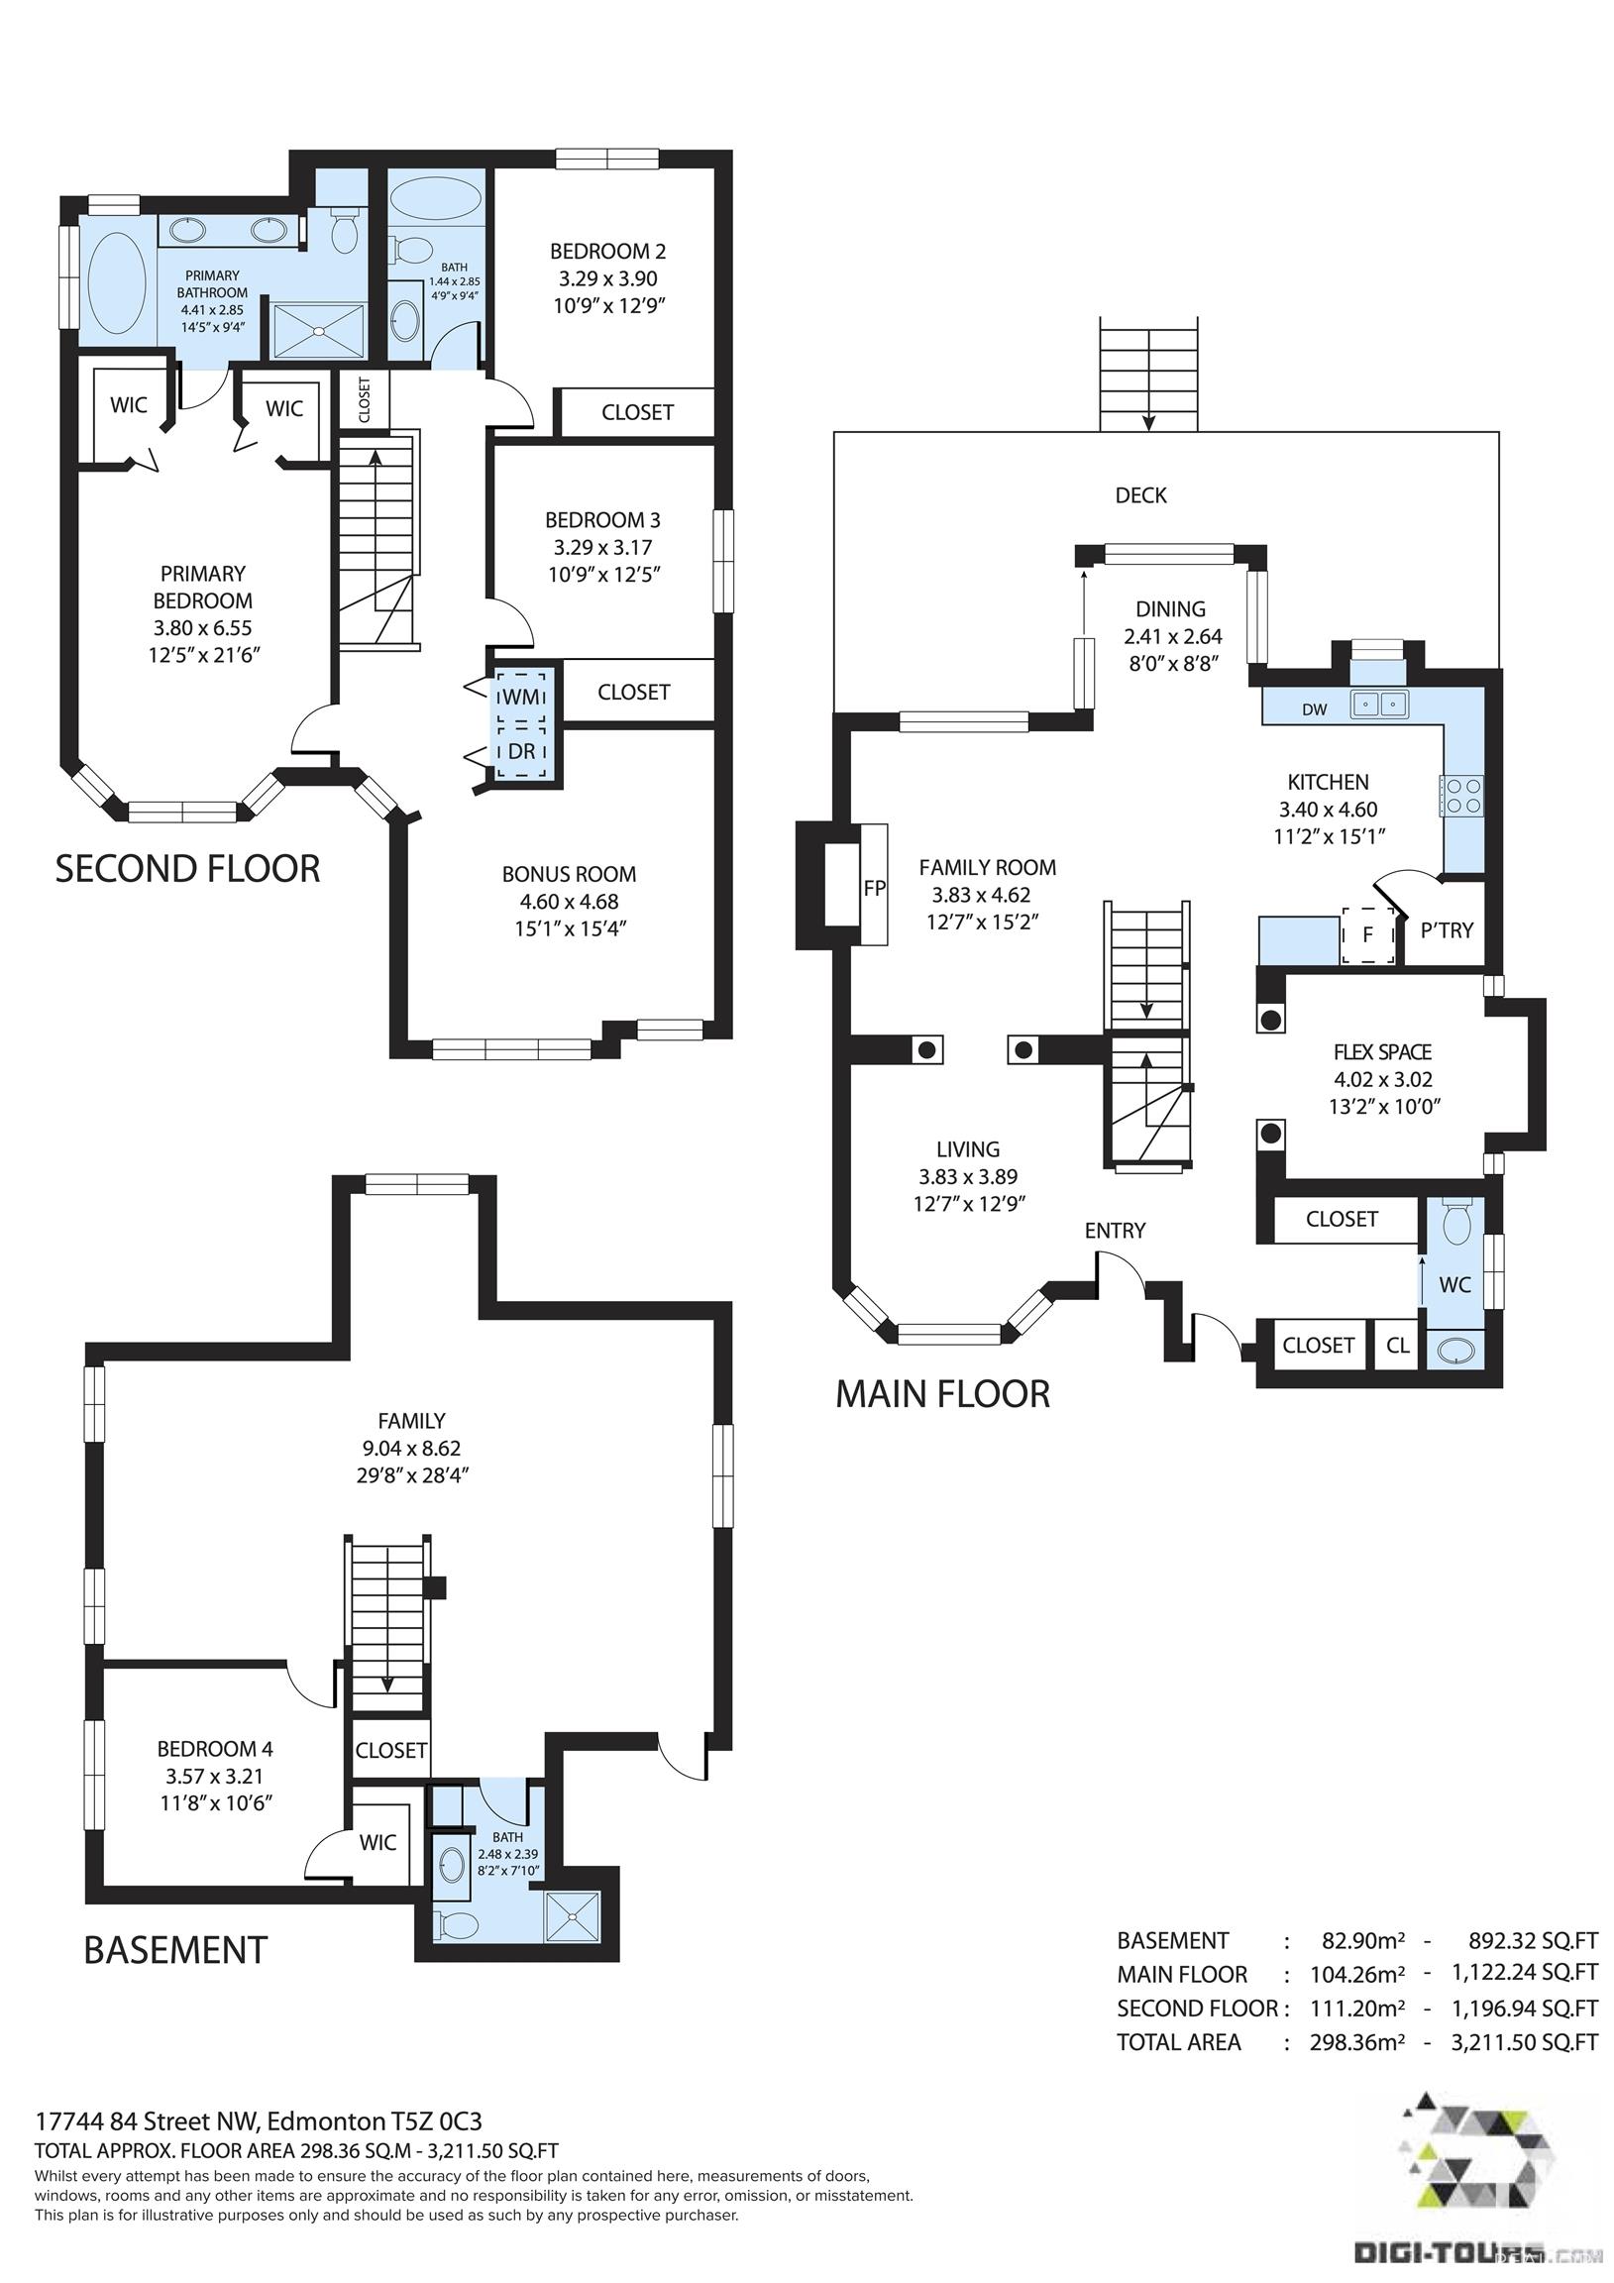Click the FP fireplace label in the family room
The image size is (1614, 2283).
[x=874, y=889]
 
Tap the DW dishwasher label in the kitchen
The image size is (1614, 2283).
[x=1315, y=708]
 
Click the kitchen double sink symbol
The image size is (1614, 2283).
[x=1379, y=705]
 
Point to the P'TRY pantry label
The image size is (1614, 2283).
[x=1447, y=930]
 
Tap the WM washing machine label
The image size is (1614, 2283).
[x=520, y=697]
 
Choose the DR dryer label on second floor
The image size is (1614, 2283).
[x=521, y=752]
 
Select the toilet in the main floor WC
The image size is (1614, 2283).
[x=1455, y=1222]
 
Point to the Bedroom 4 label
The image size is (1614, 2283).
[x=215, y=1749]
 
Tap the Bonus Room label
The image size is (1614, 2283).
[x=569, y=874]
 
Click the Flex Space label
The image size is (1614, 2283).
[x=1382, y=1052]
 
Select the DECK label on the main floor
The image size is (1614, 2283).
[x=1140, y=495]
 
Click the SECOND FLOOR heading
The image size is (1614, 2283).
[x=188, y=869]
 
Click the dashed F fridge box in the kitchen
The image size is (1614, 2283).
[x=1368, y=934]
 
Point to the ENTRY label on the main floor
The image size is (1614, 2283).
[x=1115, y=1231]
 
